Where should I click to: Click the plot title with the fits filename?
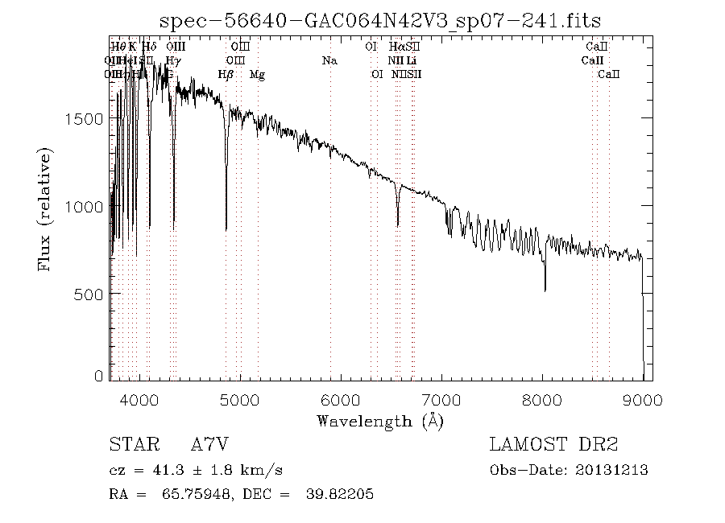[381, 20]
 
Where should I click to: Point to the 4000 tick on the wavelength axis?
[140, 399]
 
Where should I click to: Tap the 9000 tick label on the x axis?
[642, 399]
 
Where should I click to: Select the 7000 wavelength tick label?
[441, 399]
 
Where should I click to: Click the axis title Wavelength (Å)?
[380, 420]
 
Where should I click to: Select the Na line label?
[329, 60]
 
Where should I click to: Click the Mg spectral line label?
[257, 74]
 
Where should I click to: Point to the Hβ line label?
[226, 74]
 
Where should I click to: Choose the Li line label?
[411, 60]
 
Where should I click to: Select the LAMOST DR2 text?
[553, 444]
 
